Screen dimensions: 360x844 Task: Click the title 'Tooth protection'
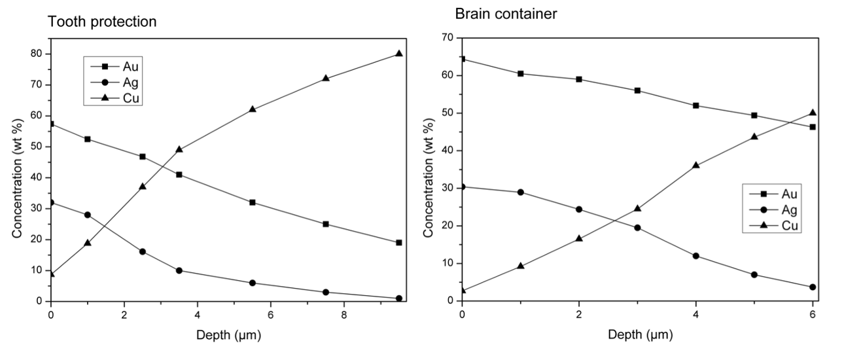tap(102, 22)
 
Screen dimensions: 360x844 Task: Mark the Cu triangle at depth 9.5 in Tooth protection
tap(399, 53)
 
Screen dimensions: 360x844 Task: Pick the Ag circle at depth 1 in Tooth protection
tap(88, 215)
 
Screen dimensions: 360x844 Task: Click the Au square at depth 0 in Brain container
tap(462, 59)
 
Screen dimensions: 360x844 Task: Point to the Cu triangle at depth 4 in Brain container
tap(695, 165)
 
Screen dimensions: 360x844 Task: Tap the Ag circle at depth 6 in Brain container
tap(813, 287)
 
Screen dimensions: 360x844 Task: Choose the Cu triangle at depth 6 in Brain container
tap(813, 113)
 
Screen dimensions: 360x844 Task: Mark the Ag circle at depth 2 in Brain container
tap(579, 209)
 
